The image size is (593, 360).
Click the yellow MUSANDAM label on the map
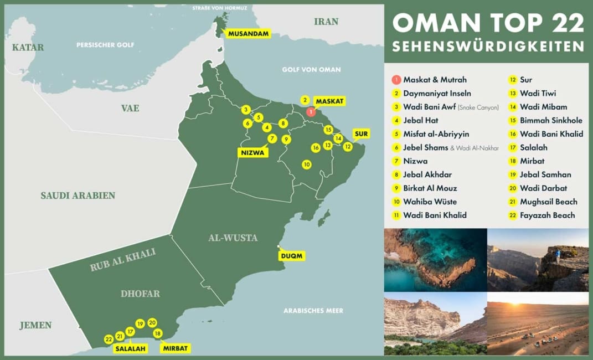point(248,34)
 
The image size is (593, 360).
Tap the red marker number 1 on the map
point(311,111)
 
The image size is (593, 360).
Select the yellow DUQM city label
point(292,256)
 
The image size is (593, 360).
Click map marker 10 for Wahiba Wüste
point(306,164)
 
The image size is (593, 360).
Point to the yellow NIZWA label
point(253,152)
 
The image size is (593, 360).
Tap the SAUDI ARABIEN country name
point(78,196)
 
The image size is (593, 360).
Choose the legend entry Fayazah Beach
point(547,215)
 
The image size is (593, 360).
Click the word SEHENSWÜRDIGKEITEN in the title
point(488,45)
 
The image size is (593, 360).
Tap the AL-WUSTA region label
point(233,238)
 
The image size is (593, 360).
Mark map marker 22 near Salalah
point(109,339)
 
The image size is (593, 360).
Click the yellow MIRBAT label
point(176,348)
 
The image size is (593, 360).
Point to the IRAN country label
point(326,22)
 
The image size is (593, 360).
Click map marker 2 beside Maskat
point(305,100)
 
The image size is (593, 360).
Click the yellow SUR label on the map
point(360,133)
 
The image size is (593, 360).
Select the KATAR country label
point(28,48)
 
